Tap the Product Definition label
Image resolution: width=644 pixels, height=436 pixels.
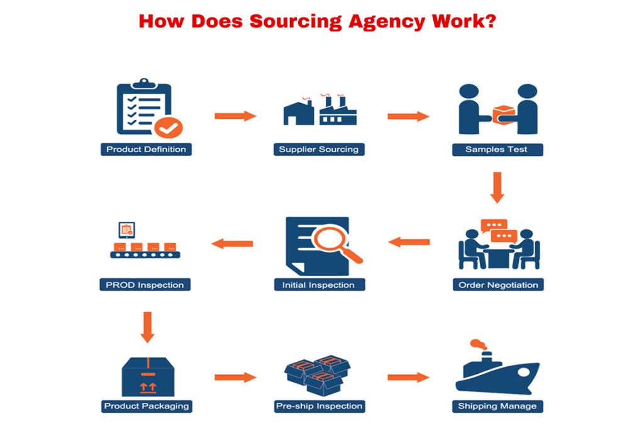146,150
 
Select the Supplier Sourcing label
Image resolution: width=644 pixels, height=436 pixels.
319,150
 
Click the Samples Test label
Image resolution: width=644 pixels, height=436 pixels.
497,150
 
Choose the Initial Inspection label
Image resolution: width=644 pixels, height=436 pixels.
319,285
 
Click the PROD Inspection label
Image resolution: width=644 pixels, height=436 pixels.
145,285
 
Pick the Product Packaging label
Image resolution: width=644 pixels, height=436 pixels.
147,406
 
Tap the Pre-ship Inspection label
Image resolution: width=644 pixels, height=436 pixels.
319,406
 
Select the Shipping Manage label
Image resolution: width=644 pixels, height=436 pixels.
497,406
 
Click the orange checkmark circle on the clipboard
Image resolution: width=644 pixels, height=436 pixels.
168,128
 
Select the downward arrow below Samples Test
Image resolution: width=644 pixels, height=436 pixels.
497,187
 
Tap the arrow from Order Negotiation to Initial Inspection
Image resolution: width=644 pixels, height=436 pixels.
409,241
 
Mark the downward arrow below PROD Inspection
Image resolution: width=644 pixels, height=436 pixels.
147,327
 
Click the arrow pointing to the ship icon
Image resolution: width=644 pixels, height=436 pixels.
408,378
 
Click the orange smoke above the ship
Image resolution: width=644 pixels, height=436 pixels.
479,344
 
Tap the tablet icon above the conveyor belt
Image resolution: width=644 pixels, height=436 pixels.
128,230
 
